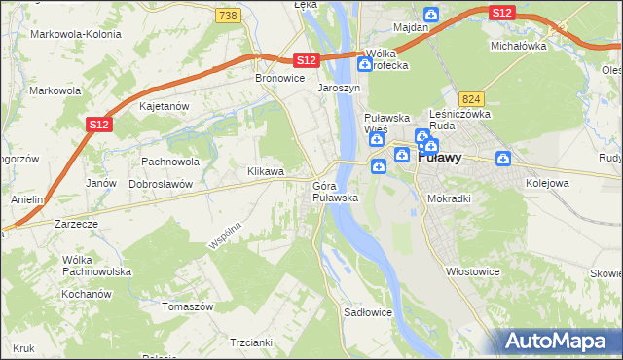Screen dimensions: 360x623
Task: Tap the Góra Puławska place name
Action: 335,192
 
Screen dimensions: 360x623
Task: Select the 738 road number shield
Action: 228,16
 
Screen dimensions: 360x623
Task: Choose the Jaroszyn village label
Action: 339,87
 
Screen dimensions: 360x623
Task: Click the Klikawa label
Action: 265,171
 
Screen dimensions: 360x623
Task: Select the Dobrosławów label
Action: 161,183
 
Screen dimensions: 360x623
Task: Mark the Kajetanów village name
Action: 164,105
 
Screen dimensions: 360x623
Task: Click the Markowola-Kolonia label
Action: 76,34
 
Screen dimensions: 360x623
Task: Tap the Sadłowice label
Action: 367,312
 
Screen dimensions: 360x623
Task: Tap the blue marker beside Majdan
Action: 431,15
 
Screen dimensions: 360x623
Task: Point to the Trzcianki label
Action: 250,342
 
